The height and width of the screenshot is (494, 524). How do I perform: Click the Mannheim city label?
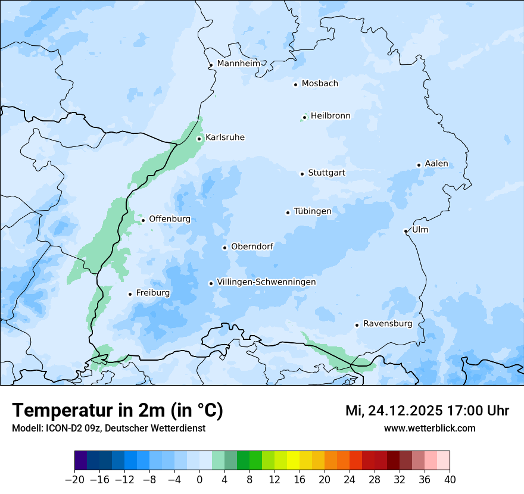[238, 64]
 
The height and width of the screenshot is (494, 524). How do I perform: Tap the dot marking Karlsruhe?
[199, 139]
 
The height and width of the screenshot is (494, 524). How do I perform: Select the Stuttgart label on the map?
[326, 173]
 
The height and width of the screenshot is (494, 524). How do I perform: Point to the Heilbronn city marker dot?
[304, 117]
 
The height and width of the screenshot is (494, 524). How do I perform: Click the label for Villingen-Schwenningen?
[266, 282]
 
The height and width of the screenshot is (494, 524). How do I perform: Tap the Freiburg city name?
[152, 293]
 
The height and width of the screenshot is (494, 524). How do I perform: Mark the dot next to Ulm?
[406, 231]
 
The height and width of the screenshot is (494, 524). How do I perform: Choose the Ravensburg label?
[387, 324]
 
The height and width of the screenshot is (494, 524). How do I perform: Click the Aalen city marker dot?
[419, 165]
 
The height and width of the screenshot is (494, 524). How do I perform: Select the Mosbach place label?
[320, 84]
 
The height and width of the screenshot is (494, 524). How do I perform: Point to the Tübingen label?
[313, 211]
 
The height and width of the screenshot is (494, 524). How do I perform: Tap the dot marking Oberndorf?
[224, 248]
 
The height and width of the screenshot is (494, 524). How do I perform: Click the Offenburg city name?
[170, 219]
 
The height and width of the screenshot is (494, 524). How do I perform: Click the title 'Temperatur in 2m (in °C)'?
[117, 411]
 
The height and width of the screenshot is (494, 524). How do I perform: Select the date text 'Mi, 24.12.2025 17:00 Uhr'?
[427, 411]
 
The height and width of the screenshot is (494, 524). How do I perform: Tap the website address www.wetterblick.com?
[429, 429]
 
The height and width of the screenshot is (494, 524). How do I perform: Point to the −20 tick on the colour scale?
[75, 480]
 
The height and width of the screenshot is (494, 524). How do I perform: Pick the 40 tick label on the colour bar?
[450, 480]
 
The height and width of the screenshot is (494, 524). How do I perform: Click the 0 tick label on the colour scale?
[199, 480]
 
